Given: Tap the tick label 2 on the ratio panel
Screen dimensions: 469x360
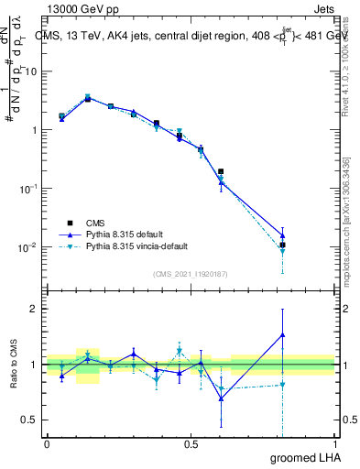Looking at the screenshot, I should [x=35, y=309].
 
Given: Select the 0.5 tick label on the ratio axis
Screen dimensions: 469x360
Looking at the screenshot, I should [x=29, y=420].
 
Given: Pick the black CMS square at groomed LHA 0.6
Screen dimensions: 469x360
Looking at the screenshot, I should [x=221, y=171].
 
